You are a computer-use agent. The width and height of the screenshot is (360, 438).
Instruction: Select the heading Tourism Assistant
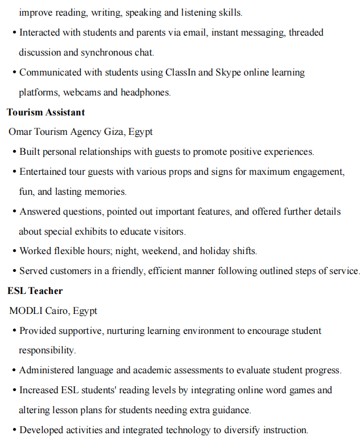point(46,112)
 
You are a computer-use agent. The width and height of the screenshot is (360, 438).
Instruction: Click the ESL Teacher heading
point(35,291)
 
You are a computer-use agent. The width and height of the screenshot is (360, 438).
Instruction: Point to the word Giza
point(114,132)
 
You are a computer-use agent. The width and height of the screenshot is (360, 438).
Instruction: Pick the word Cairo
point(57,311)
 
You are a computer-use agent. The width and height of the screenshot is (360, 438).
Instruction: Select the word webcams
point(82,92)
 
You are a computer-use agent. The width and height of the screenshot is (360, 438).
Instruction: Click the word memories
point(107,191)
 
